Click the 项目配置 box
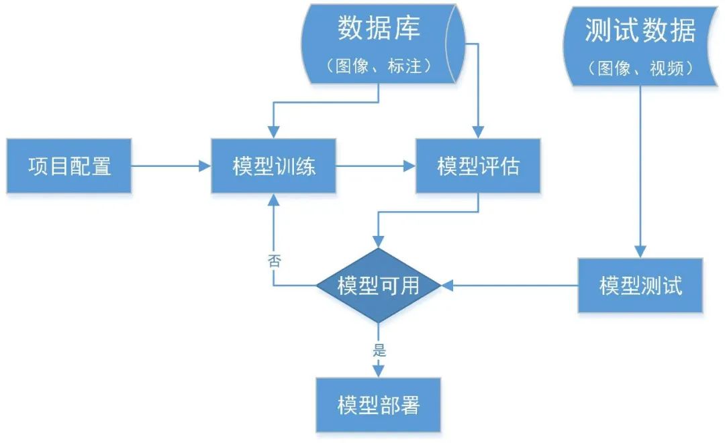pyautogui.click(x=69, y=166)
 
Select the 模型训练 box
pyautogui.click(x=273, y=166)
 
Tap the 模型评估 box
pyautogui.click(x=477, y=166)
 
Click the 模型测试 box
pyautogui.click(x=640, y=286)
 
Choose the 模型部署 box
pyautogui.click(x=379, y=405)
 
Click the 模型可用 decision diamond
pyautogui.click(x=379, y=286)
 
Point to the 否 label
pyautogui.click(x=274, y=261)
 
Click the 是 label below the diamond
pyautogui.click(x=379, y=349)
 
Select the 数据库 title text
pyautogui.click(x=379, y=29)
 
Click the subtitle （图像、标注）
pyautogui.click(x=379, y=66)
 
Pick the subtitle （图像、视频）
pyautogui.click(x=640, y=68)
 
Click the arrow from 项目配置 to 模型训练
pyautogui.click(x=171, y=166)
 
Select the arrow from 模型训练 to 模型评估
pyautogui.click(x=375, y=166)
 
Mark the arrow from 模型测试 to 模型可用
pyautogui.click(x=510, y=286)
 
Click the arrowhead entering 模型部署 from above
pyautogui.click(x=379, y=371)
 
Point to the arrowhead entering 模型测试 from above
pyautogui.click(x=640, y=251)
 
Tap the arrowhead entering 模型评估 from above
pyautogui.click(x=477, y=132)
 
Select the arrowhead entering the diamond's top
pyautogui.click(x=379, y=241)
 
